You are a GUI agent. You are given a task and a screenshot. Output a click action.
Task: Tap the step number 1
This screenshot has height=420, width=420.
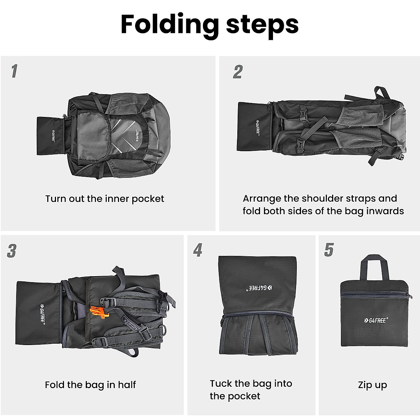click(x=14, y=71)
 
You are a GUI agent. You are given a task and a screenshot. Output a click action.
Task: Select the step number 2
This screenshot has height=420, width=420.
click(x=238, y=72)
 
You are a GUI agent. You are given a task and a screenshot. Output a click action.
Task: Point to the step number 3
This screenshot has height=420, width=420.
click(x=12, y=251)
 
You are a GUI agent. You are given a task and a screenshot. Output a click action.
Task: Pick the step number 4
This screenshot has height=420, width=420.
click(x=198, y=250)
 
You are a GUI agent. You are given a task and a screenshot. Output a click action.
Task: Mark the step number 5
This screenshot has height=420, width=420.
click(x=329, y=250)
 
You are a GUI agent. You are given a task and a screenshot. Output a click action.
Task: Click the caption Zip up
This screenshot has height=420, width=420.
click(x=372, y=385)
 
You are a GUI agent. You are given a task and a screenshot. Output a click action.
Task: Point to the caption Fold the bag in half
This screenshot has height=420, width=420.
click(x=90, y=385)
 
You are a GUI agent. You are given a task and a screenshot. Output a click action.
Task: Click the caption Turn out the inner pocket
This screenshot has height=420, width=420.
click(x=105, y=199)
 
